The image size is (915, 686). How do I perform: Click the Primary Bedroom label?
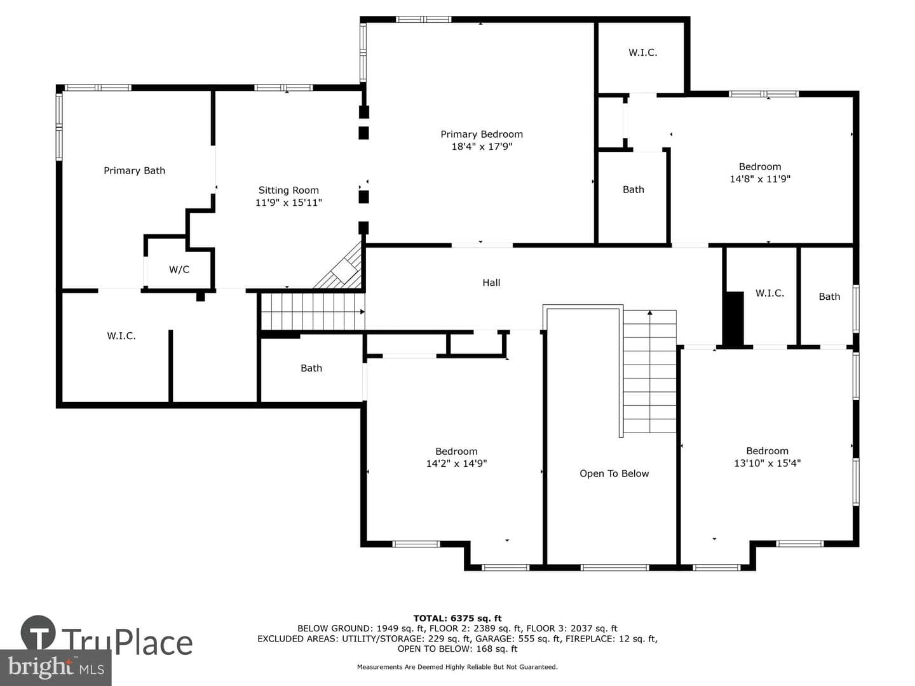tap(482, 134)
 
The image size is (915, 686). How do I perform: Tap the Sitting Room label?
tap(288, 190)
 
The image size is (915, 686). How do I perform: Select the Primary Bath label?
tap(134, 170)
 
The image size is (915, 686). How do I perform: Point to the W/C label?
tap(179, 269)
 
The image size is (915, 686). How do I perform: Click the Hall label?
tap(491, 283)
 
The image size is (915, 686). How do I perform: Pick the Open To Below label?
tap(614, 473)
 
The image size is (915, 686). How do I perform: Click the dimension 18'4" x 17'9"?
tap(482, 147)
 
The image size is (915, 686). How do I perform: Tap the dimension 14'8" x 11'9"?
tap(759, 178)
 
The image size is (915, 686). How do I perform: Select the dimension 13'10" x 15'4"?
tap(767, 463)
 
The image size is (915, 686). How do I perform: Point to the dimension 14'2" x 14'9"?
tap(456, 463)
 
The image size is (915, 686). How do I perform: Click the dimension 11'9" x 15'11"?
tap(288, 203)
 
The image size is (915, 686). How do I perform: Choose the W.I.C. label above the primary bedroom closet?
tap(642, 53)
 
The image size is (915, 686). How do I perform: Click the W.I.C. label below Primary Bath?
tap(121, 336)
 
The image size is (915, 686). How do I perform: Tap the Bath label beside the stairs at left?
tap(311, 368)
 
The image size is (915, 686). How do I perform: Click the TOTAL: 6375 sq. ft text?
tap(457, 618)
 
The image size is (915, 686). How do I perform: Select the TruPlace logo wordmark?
tap(127, 643)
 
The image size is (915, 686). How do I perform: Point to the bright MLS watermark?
tap(56, 667)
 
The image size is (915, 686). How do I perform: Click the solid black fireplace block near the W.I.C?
tap(735, 319)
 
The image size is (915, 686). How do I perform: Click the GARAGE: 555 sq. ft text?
tap(518, 638)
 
